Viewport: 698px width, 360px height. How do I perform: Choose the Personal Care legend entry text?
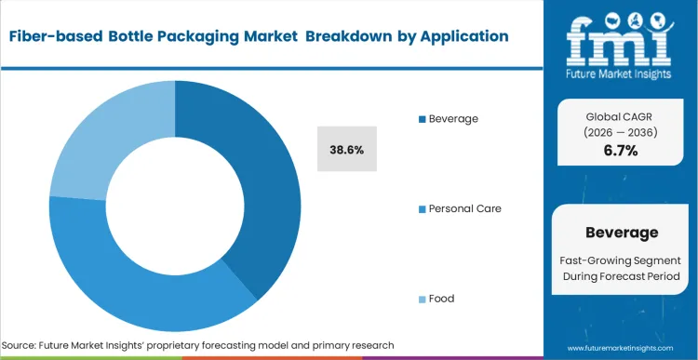464,208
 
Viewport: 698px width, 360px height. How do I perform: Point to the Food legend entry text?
441,299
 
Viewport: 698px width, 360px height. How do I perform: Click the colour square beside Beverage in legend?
423,119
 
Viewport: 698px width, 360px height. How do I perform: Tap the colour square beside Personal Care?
423,208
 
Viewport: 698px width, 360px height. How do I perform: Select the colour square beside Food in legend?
423,299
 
